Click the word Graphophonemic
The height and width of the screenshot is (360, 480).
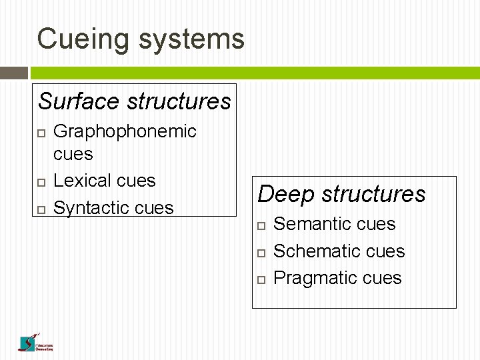pos(125,131)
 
